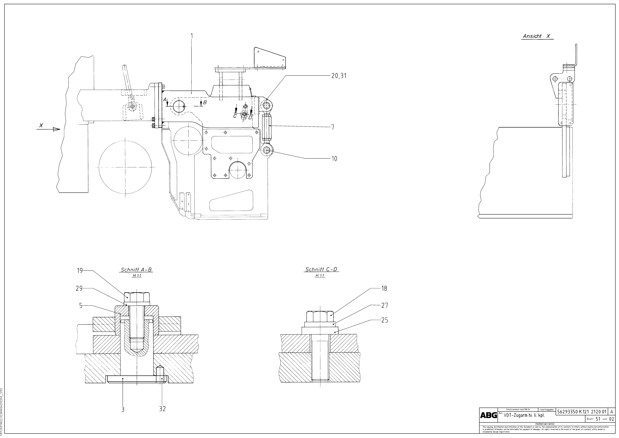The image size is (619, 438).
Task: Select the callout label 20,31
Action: [339, 76]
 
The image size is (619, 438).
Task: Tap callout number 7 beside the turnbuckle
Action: [333, 127]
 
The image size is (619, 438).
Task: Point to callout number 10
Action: [334, 159]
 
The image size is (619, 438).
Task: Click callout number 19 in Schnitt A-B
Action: [80, 271]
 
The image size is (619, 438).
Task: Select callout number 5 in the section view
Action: [81, 306]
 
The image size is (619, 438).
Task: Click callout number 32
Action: [162, 409]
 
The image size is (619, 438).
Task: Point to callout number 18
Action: [384, 289]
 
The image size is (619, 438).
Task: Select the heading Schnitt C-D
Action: [322, 269]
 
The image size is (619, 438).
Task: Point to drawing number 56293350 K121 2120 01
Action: [582, 412]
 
